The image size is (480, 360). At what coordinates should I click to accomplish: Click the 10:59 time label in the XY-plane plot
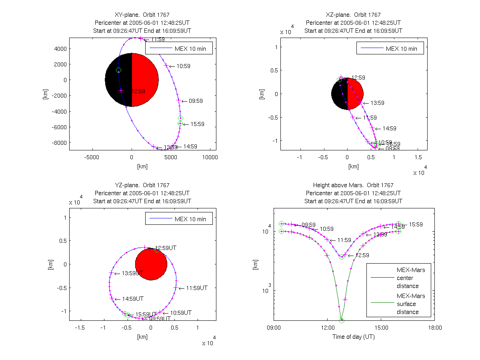[x=183, y=66]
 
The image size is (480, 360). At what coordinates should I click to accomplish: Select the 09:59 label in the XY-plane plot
[x=196, y=101]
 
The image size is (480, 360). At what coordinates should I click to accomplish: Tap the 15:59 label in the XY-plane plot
[x=197, y=124]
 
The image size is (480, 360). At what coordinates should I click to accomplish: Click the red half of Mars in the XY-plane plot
[x=145, y=80]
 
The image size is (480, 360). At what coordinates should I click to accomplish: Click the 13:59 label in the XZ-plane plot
[x=377, y=103]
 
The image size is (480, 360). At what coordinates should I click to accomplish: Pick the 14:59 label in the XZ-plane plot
[x=389, y=128]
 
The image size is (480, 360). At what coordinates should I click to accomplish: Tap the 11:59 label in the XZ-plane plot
[x=370, y=118]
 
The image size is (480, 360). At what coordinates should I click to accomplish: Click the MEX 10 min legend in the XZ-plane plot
[x=390, y=49]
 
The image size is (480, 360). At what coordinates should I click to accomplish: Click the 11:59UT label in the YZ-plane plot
[x=198, y=288]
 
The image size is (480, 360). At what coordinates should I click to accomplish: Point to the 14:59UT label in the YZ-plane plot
[x=134, y=299]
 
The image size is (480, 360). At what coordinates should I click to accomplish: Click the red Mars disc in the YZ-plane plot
[x=151, y=264]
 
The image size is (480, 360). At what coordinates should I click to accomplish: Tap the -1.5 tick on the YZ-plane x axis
[x=81, y=328]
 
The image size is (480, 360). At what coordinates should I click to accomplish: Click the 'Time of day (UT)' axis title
[x=354, y=337]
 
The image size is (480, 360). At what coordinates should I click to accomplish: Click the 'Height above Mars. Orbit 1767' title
[x=354, y=185]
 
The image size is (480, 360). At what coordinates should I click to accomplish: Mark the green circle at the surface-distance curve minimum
[x=342, y=320]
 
